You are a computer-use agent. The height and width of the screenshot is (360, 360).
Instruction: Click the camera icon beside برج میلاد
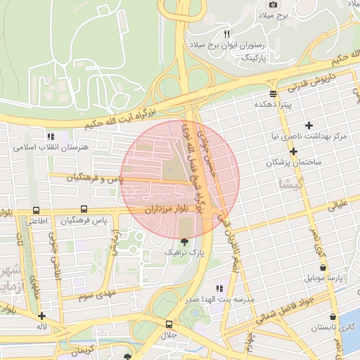pyautogui.click(x=274, y=5)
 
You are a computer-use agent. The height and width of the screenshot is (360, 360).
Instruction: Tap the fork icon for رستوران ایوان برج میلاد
pyautogui.click(x=226, y=33)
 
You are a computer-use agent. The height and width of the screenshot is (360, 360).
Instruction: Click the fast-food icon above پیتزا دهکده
pyautogui.click(x=273, y=94)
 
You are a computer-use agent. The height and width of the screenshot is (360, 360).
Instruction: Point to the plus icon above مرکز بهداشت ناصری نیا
pyautogui.click(x=309, y=125)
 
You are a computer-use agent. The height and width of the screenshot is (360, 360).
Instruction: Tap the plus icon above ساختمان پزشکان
pyautogui.click(x=293, y=151)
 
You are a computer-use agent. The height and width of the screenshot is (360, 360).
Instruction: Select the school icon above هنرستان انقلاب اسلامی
pyautogui.click(x=50, y=136)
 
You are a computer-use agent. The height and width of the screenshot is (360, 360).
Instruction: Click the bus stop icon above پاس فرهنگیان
pyautogui.click(x=84, y=210)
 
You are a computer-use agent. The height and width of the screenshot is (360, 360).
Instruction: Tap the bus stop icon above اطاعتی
pyautogui.click(x=36, y=210)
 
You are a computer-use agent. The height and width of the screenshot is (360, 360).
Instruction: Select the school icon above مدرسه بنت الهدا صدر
pyautogui.click(x=219, y=288)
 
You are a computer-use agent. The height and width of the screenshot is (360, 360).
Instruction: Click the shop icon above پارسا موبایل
pyautogui.click(x=323, y=268)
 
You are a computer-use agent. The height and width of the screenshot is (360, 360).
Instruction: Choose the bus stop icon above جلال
pyautogui.click(x=168, y=324)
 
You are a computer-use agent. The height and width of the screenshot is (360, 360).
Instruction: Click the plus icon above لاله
pyautogui.click(x=42, y=316)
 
